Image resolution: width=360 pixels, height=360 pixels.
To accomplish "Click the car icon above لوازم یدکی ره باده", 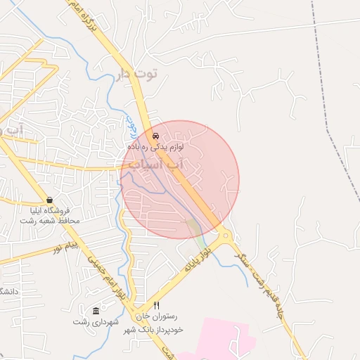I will pyautogui.click(x=155, y=135).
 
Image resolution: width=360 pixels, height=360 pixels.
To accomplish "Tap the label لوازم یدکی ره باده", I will pyautogui.click(x=155, y=147).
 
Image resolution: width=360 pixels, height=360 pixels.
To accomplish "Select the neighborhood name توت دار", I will pyautogui.click(x=134, y=75).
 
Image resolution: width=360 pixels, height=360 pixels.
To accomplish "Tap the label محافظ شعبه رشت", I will pyautogui.click(x=49, y=221).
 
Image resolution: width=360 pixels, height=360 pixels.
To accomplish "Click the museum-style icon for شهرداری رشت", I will pyautogui.click(x=96, y=311).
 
